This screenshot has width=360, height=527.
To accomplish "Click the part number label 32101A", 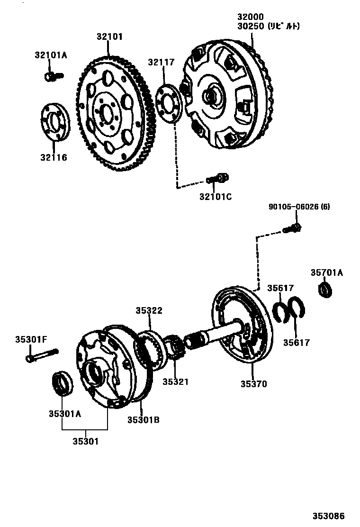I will [x=51, y=55].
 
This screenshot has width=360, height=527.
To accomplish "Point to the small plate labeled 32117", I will [x=169, y=101].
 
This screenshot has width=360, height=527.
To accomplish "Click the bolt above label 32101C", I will [x=218, y=179].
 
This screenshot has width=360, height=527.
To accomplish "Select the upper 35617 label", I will [x=280, y=288].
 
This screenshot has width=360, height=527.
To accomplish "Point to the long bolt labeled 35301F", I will [x=42, y=355].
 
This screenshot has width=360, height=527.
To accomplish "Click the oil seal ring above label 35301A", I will [x=62, y=383].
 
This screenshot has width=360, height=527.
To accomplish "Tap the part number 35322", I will [x=149, y=310].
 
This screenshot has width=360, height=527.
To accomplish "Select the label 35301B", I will [x=143, y=419].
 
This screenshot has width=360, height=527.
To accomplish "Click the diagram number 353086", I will [x=328, y=516].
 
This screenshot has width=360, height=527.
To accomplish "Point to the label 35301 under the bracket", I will [x=86, y=441].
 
